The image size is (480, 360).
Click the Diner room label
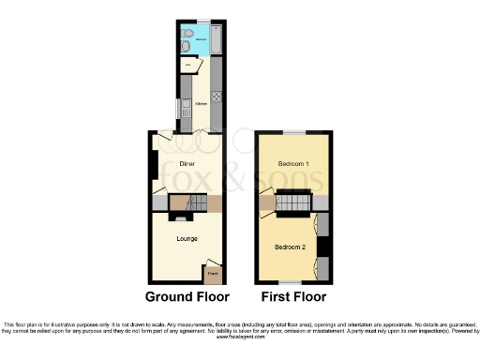point(187,163)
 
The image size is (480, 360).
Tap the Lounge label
point(187,238)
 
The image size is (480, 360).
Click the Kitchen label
point(201,104)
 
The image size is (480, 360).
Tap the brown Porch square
point(213,274)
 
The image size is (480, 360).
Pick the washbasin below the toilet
point(186,48)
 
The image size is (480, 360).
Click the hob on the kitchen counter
point(216,95)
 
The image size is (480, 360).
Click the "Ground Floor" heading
point(187,297)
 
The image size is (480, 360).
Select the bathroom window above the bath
point(202,20)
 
